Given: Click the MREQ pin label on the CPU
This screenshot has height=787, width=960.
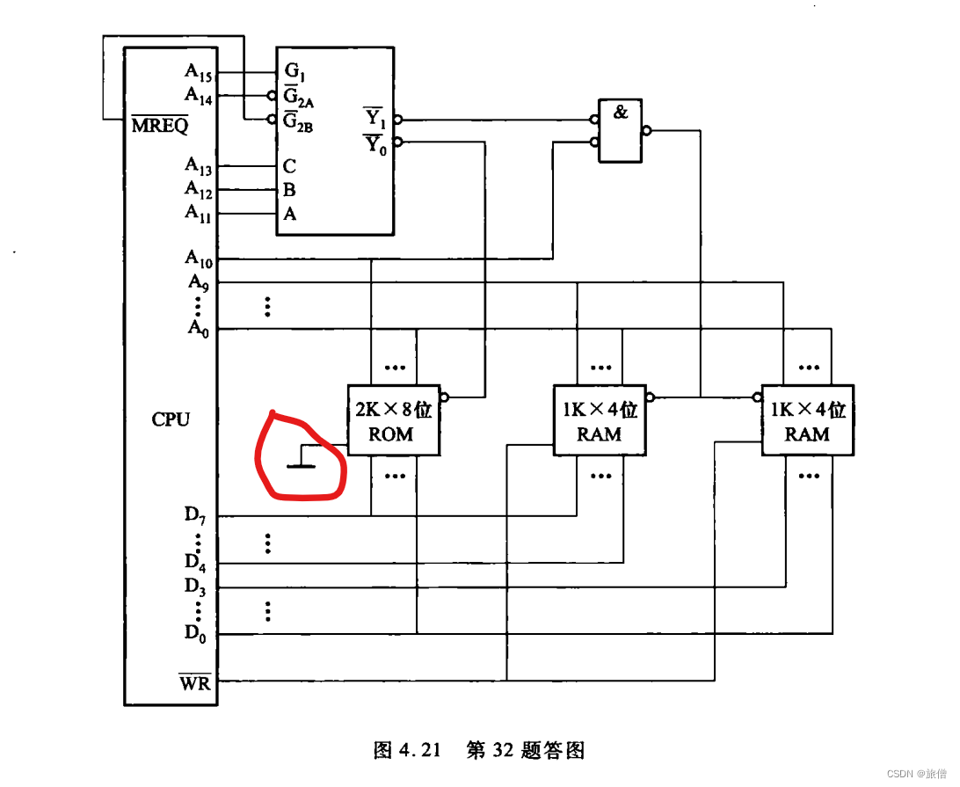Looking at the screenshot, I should pyautogui.click(x=160, y=125).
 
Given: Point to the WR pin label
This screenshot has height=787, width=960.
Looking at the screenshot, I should pyautogui.click(x=196, y=681).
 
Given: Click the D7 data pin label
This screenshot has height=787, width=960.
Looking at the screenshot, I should pyautogui.click(x=195, y=514).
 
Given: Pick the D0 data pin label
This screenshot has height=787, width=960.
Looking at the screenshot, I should pyautogui.click(x=195, y=631).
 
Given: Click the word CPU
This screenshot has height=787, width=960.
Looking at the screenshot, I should pyautogui.click(x=171, y=419).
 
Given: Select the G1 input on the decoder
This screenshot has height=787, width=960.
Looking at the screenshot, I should pyautogui.click(x=295, y=72).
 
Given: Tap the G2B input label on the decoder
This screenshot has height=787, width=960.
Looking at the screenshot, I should pyautogui.click(x=298, y=122).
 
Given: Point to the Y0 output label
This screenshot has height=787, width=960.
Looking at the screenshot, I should pyautogui.click(x=375, y=144).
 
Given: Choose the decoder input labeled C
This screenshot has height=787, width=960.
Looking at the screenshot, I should pyautogui.click(x=289, y=166).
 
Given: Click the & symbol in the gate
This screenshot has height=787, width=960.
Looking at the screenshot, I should pyautogui.click(x=621, y=113).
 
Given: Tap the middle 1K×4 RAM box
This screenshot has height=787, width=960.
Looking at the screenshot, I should pyautogui.click(x=599, y=420).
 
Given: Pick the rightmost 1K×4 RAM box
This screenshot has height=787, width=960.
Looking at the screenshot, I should pyautogui.click(x=807, y=420).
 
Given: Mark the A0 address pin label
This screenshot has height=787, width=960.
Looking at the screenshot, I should pyautogui.click(x=197, y=327).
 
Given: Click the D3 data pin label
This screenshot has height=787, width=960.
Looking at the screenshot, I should pyautogui.click(x=195, y=585).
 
